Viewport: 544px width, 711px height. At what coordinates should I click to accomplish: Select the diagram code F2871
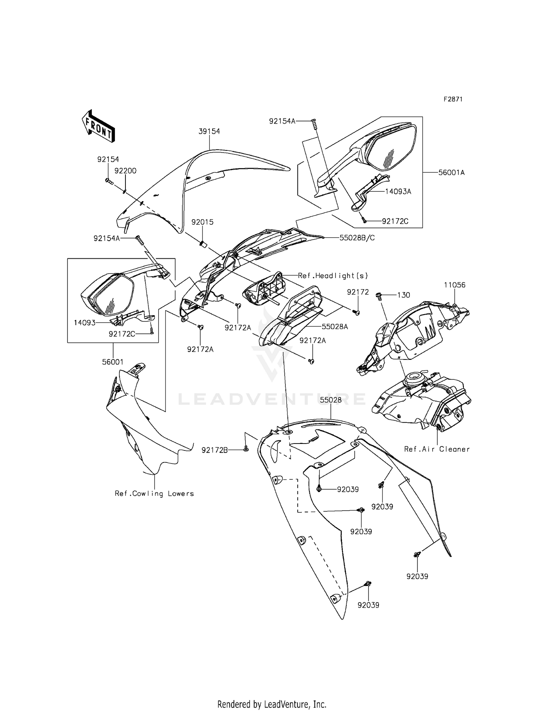coord(453,99)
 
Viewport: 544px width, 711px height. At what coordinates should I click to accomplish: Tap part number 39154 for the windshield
coord(209,132)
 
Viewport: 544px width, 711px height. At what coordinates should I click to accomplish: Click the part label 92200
coord(125,171)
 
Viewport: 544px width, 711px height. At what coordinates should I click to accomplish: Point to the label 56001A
coord(452,173)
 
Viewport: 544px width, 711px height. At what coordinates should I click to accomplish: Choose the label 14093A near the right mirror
coord(398,192)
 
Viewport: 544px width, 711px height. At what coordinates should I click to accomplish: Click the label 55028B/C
coord(357,238)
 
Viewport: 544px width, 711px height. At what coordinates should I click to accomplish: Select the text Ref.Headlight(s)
coord(333,276)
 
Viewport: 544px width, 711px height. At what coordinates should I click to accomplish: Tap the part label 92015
coord(202,222)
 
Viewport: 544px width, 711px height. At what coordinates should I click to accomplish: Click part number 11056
coord(455,285)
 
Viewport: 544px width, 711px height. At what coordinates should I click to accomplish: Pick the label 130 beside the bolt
coord(403,295)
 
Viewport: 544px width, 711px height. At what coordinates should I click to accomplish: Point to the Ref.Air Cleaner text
coord(437,449)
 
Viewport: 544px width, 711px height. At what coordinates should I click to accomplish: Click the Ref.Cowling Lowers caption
coord(154,494)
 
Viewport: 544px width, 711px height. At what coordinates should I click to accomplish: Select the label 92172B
coord(215,450)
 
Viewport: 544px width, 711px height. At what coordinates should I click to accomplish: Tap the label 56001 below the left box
coord(113,362)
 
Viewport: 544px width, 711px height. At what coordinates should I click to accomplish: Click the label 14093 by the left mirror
coord(85,323)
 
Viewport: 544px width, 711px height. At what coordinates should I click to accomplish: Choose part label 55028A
coord(335,327)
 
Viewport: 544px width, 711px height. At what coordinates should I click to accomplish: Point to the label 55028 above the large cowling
coord(331,400)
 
